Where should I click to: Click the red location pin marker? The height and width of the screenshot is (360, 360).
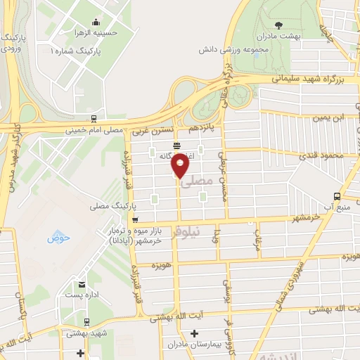(x=181, y=165)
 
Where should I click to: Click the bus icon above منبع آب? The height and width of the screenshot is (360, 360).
(x=337, y=196)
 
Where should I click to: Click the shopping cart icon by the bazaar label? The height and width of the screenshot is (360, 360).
(x=134, y=219)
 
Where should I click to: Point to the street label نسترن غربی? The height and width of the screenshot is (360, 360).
(x=148, y=131)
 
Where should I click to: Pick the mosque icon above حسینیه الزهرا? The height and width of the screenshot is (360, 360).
(x=96, y=22)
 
